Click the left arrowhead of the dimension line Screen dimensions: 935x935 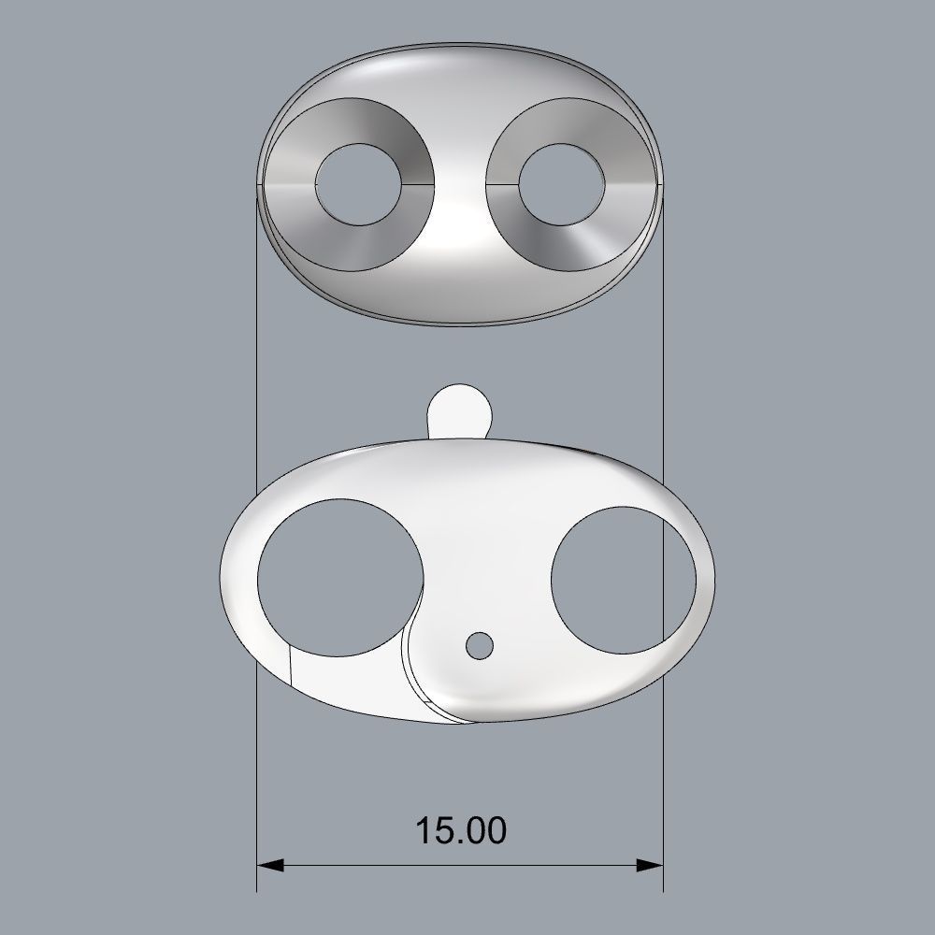tap(269, 865)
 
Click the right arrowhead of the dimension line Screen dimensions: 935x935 tap(651, 865)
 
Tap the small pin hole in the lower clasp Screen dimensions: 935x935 tap(480, 644)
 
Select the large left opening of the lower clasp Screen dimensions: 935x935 tap(338, 574)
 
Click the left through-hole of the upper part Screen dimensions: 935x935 tap(358, 183)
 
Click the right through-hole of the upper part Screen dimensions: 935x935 tap(558, 183)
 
